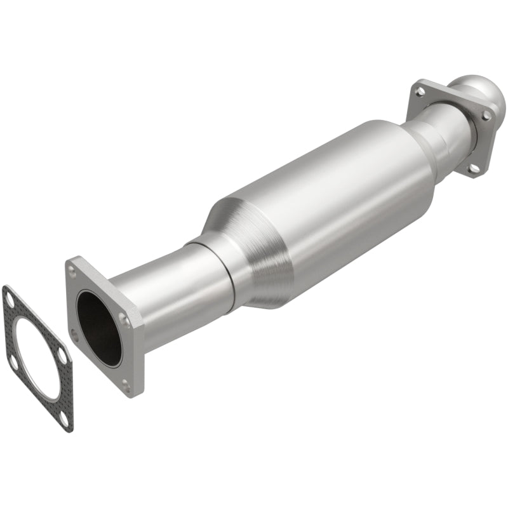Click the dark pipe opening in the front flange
(98, 327)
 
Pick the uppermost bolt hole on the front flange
(72, 271)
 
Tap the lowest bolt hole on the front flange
(126, 384)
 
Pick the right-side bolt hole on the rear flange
(486, 116)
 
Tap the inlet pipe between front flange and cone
(165, 286)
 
